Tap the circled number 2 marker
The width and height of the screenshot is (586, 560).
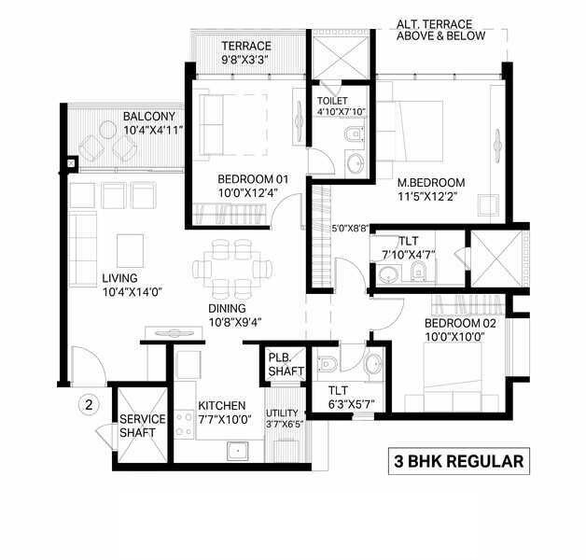click(x=89, y=405)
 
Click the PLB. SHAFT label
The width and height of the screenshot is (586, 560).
click(x=286, y=363)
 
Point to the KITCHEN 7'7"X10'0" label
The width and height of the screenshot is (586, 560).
click(x=221, y=413)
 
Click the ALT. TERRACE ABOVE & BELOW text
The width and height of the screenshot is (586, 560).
click(x=440, y=30)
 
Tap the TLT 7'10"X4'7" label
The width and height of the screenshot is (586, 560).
click(x=406, y=246)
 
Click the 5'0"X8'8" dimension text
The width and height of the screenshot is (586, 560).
click(x=352, y=227)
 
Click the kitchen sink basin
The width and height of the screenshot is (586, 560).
click(x=238, y=450)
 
